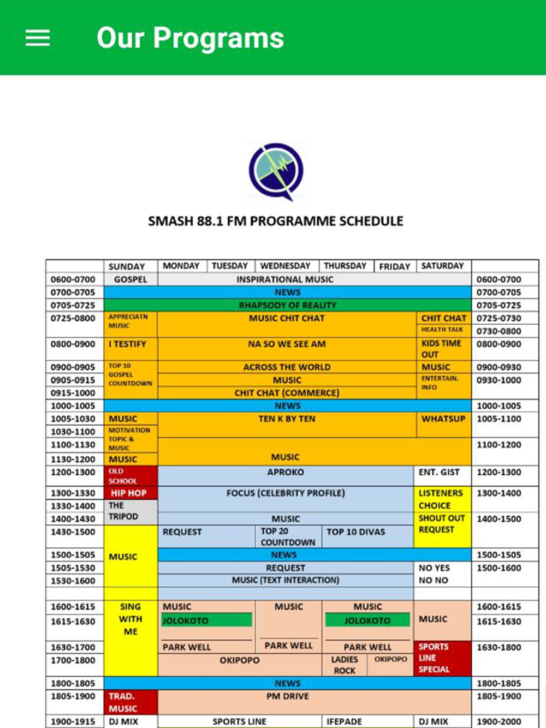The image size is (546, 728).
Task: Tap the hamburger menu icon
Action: click(x=38, y=38)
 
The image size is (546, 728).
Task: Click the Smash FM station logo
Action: click(x=276, y=171)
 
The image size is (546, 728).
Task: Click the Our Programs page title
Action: click(x=190, y=38)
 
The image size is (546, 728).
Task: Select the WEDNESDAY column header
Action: click(x=285, y=266)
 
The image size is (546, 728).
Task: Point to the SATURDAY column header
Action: click(x=442, y=266)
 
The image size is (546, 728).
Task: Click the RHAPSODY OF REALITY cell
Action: click(x=287, y=305)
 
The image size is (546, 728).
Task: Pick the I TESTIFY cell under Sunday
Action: click(x=128, y=344)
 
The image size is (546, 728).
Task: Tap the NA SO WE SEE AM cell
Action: click(x=287, y=344)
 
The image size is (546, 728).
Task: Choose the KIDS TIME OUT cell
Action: click(x=441, y=349)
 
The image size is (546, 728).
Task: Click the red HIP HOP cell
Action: click(x=129, y=493)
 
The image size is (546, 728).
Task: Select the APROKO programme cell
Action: click(x=286, y=473)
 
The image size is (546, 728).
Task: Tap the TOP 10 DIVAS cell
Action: click(x=356, y=532)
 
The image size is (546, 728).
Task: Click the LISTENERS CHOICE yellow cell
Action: click(x=441, y=499)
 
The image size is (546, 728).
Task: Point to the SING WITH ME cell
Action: click(x=130, y=619)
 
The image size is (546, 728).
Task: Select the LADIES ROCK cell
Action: click(x=345, y=665)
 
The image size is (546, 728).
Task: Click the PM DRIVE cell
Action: click(x=287, y=697)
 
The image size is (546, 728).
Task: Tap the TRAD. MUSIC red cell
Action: click(x=123, y=703)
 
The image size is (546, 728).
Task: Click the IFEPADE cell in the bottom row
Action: click(x=345, y=721)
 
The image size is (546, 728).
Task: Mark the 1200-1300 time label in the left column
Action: click(x=73, y=473)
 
